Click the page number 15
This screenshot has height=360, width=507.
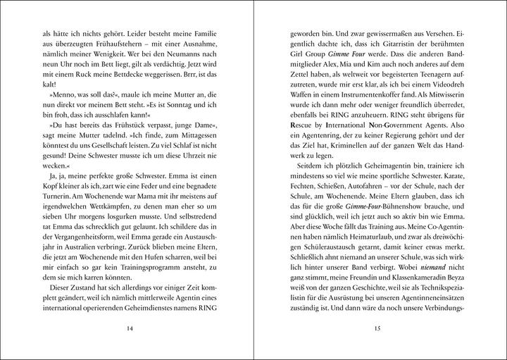pyautogui.click(x=379, y=326)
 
